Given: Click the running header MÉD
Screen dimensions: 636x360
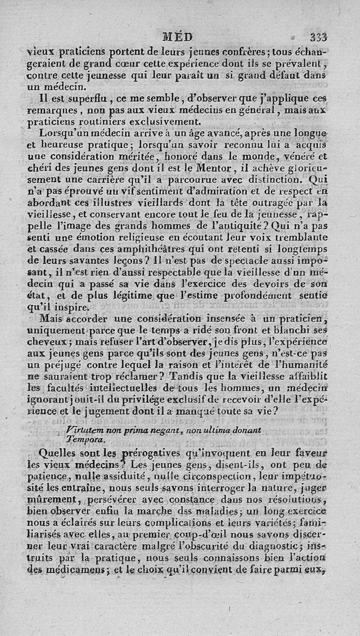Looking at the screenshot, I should pyautogui.click(x=178, y=36).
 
